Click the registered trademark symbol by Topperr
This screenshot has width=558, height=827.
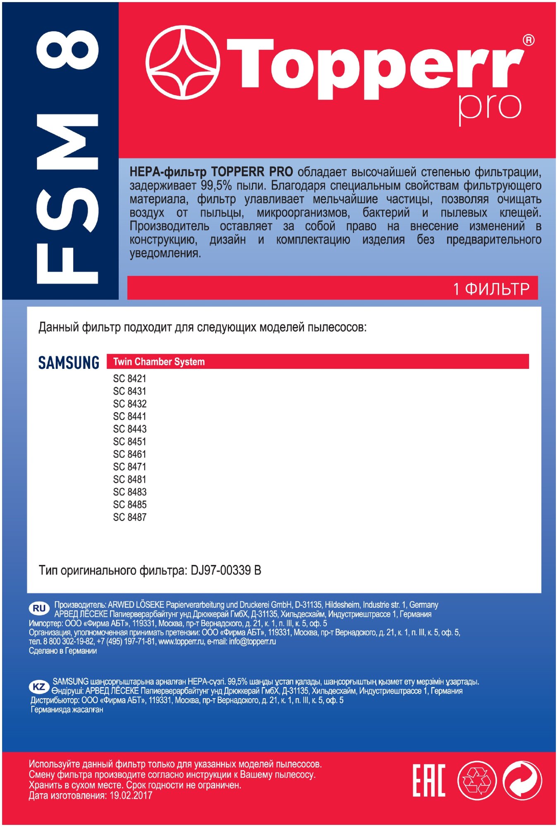point(528,40)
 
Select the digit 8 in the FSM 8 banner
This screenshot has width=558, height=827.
point(67,49)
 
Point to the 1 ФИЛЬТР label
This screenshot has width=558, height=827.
point(491,289)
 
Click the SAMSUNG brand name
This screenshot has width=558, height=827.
point(69,363)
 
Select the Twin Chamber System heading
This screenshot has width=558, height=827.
point(159,362)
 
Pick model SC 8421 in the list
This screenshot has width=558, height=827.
point(129,378)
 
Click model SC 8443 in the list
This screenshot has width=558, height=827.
point(129,429)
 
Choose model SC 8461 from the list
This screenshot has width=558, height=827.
point(129,454)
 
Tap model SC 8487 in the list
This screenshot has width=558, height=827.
point(129,517)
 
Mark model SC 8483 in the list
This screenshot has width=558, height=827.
point(129,492)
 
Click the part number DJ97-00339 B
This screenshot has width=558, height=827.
point(225,571)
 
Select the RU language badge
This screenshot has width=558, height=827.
point(39,608)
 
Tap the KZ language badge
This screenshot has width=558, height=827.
point(39,687)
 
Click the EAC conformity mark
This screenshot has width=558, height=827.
point(429,780)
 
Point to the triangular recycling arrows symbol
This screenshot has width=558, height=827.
point(477,780)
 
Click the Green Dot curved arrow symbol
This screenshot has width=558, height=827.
point(522,780)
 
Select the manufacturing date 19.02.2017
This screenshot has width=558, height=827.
point(131,795)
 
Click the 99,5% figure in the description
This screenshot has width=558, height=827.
point(216,185)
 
